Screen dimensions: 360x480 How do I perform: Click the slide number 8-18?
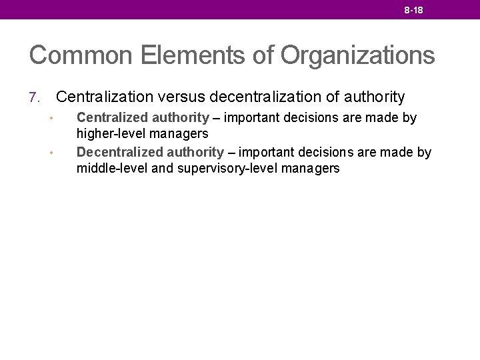(413, 11)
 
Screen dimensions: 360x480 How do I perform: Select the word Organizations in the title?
(357, 55)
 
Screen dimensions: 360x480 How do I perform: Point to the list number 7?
(35, 98)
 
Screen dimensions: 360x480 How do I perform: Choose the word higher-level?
(109, 134)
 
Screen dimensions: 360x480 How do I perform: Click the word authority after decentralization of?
(375, 97)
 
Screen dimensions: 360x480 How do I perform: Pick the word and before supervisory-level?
(163, 169)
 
